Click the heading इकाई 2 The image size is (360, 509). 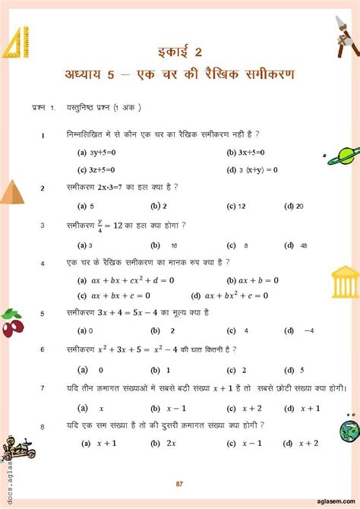tap(181, 52)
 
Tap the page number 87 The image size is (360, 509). tap(179, 484)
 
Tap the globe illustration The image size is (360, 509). tap(349, 431)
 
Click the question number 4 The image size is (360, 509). tap(43, 263)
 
